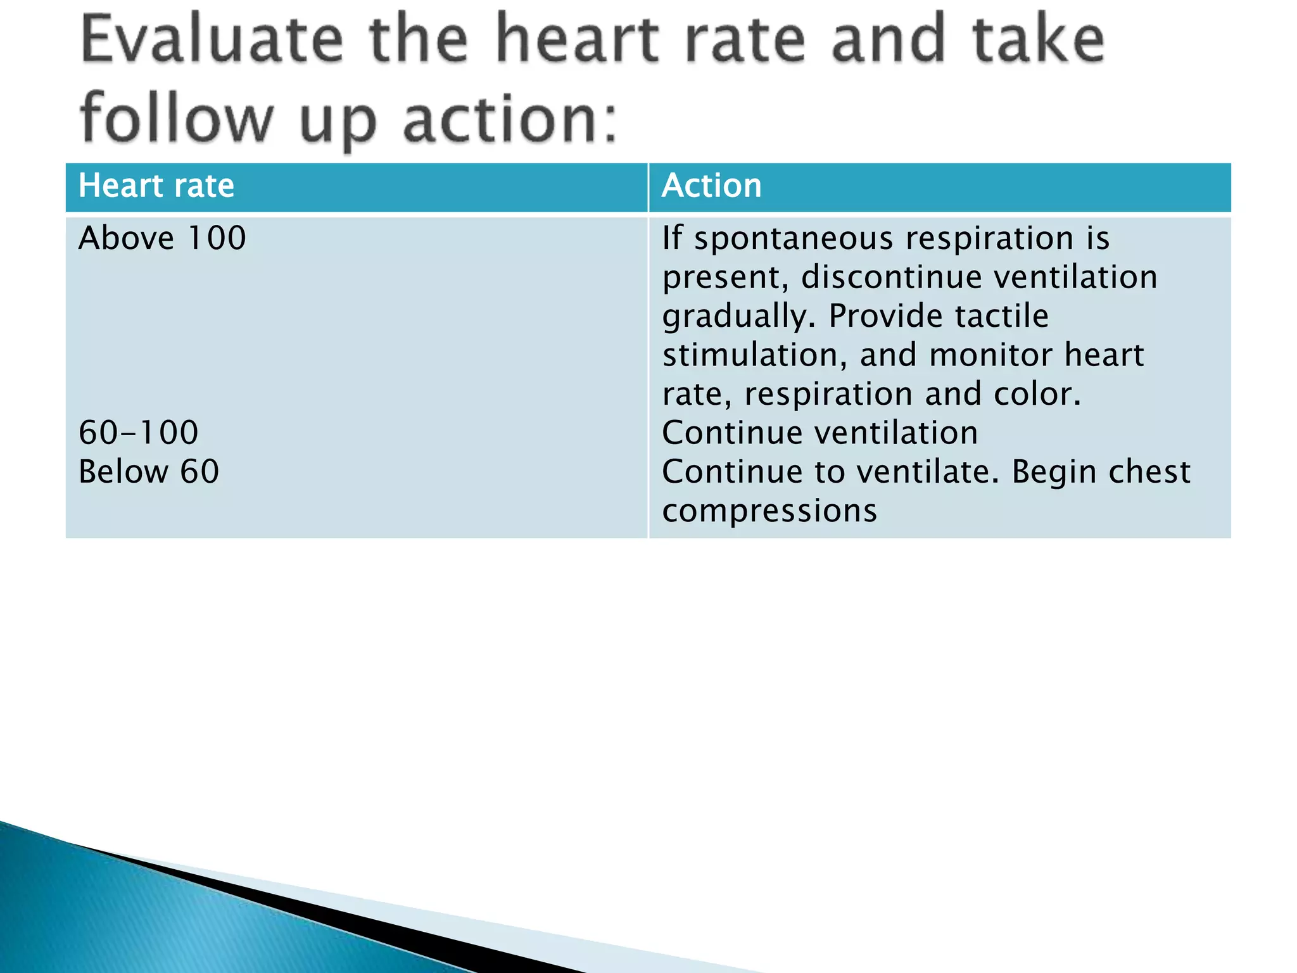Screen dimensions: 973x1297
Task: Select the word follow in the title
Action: pos(177,117)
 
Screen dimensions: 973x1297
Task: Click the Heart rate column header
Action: pos(156,186)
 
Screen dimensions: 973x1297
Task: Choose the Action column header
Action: pos(711,186)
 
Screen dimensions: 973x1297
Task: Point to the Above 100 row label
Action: pos(162,238)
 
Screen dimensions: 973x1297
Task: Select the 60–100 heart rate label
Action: pos(139,433)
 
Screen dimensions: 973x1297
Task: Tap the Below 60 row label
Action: pos(149,472)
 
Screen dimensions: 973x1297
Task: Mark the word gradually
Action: pos(738,317)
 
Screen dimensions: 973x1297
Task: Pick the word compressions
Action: pos(769,511)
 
